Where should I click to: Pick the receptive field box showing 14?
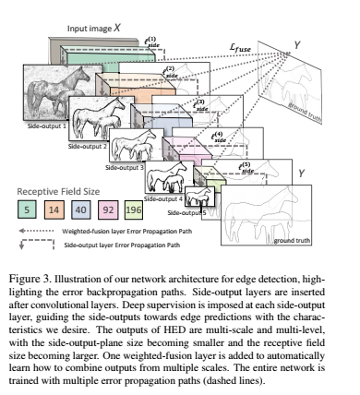56,209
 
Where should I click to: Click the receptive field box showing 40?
82,209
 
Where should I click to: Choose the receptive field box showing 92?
108,209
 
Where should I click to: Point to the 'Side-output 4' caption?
162,197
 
